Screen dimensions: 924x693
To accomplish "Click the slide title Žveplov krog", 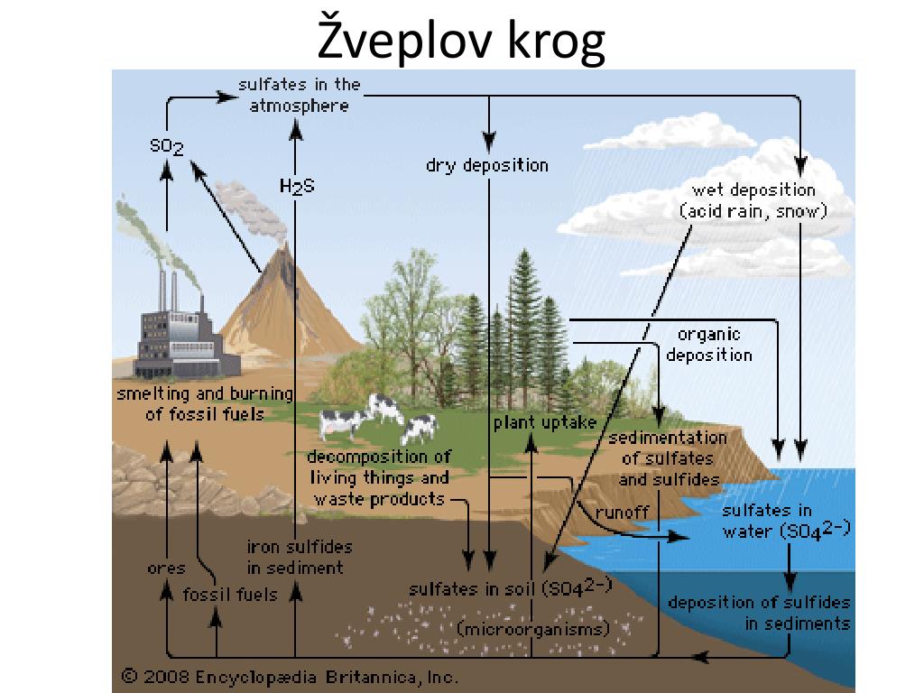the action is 461,40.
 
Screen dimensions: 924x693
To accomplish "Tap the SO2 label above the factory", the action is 167,145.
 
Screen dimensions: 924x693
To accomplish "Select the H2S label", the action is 297,186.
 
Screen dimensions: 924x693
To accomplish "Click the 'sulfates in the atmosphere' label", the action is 300,95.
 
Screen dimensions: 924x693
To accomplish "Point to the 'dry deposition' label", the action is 487,165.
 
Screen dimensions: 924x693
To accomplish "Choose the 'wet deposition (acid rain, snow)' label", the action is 753,200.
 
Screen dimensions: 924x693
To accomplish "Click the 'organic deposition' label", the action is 709,344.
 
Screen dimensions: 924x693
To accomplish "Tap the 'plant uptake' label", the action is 545,422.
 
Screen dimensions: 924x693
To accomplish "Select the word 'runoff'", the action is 623,513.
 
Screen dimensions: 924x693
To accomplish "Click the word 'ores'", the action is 166,568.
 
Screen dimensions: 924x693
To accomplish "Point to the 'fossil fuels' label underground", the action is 230,594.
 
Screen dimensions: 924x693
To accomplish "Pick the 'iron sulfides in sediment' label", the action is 300,557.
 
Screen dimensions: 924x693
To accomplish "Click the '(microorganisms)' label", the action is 534,629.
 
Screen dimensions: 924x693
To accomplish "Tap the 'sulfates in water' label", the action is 787,521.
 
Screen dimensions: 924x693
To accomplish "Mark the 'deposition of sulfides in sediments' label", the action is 760,613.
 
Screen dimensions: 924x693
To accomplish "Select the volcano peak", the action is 285,247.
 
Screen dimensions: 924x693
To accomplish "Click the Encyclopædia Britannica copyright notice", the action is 290,677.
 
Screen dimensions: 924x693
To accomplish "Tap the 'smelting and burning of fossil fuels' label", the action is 205,403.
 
